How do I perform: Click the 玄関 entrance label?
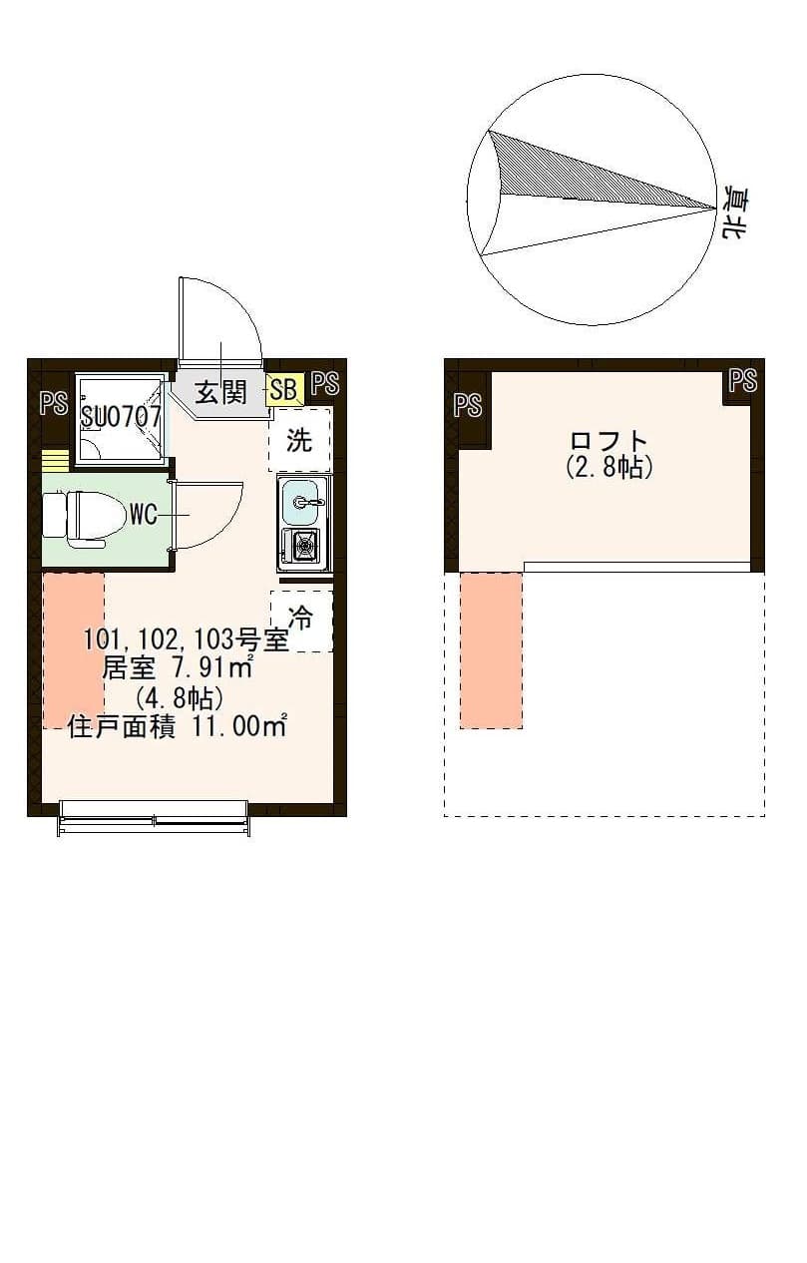click(219, 392)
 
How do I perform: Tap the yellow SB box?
click(283, 389)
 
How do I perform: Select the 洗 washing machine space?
click(299, 440)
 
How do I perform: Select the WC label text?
click(143, 515)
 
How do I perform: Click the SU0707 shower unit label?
click(121, 417)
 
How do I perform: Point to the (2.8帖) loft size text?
click(608, 467)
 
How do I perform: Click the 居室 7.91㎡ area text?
click(178, 666)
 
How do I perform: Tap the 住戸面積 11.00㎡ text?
click(178, 726)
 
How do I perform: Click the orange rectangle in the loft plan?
click(491, 650)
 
